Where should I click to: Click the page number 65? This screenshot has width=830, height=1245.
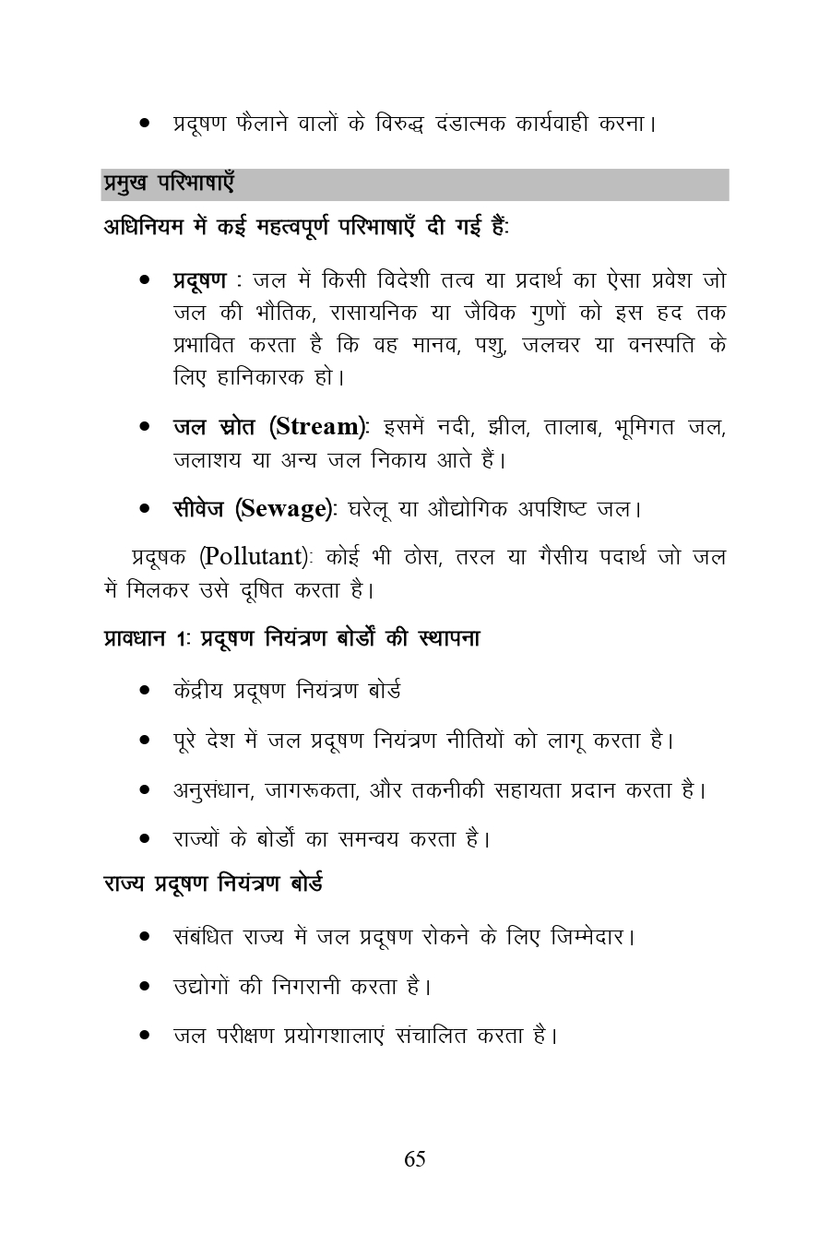[x=414, y=1159]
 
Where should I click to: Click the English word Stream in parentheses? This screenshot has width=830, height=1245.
[x=317, y=427]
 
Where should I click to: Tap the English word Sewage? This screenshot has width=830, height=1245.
[x=283, y=508]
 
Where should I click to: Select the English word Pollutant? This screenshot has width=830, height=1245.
[x=254, y=557]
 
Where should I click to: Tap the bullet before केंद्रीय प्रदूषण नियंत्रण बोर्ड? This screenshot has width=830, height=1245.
[x=145, y=691]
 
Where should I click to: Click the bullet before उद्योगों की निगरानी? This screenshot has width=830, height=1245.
[x=145, y=987]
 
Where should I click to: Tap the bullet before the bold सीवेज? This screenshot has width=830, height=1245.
[x=145, y=509]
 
